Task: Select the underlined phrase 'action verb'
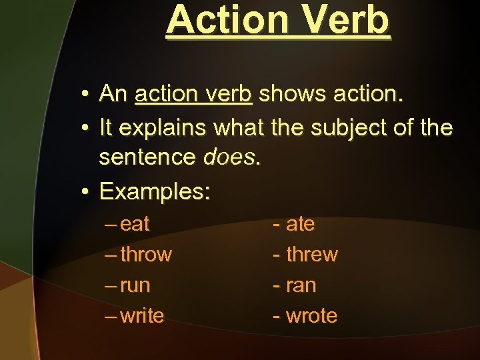point(193,95)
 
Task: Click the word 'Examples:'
point(155,192)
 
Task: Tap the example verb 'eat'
point(135,225)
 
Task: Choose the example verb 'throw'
point(146,255)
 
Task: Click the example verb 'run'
point(135,286)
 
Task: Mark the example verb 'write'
point(142,316)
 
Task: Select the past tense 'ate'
point(300,225)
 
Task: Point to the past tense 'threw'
point(311,255)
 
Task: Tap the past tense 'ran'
point(301,286)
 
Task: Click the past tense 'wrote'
point(311,316)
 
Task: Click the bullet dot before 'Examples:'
point(85,193)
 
